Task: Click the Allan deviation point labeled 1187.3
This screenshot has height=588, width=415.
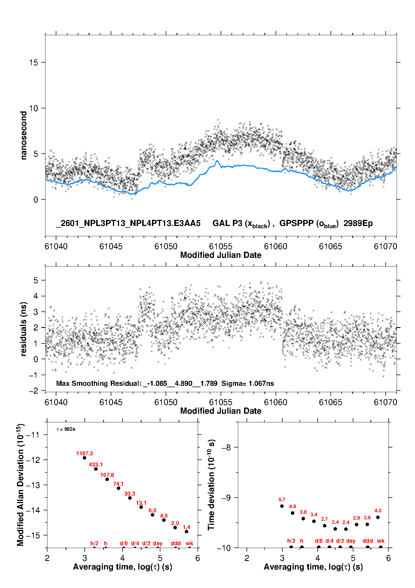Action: coord(85,458)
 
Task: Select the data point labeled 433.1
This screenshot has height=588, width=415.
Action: coord(96,469)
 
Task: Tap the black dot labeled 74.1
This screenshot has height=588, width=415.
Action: coord(119,488)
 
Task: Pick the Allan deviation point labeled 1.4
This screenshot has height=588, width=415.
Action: coord(186,532)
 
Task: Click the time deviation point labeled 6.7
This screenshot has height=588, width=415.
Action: coord(282,506)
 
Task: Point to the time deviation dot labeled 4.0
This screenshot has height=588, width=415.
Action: coord(378,517)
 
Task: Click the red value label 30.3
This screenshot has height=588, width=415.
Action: coord(130,494)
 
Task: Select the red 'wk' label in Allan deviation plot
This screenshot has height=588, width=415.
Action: coord(189,543)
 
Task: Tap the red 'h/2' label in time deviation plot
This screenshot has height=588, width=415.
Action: coord(291,541)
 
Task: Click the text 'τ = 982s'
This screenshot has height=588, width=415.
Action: coord(66,429)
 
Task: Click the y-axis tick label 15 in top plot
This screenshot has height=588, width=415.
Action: coord(33,63)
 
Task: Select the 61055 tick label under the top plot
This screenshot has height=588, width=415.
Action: coord(221,246)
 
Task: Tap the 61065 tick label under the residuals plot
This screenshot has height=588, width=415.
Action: coord(330,402)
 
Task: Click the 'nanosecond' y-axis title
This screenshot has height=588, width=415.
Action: coord(24,135)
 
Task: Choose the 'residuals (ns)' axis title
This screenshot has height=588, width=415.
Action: coord(24,329)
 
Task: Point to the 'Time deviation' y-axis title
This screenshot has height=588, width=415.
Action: coord(211,485)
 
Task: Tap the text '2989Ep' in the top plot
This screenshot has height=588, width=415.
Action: coord(358,223)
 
